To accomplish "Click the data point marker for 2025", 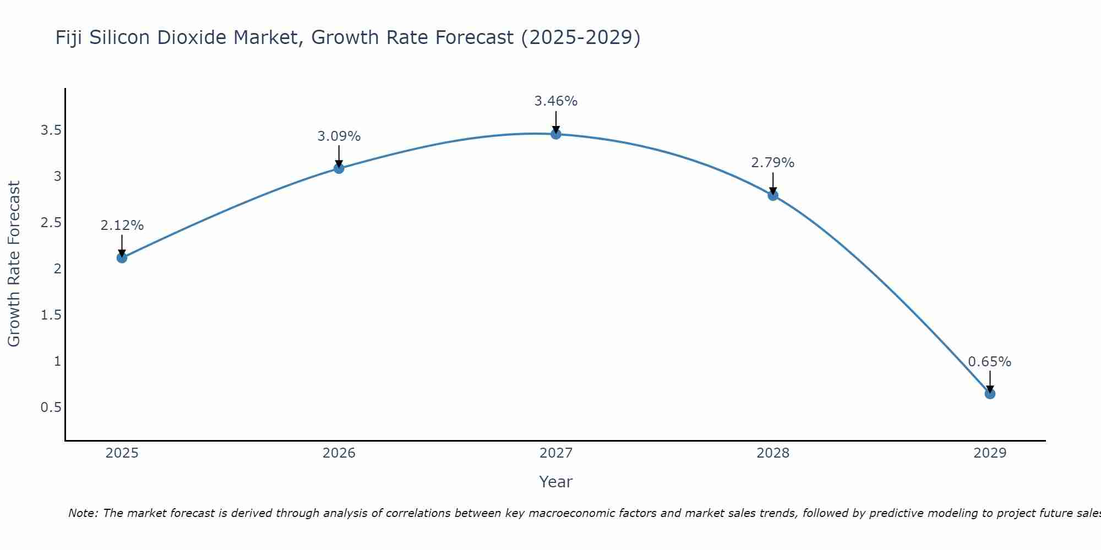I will point(122,257).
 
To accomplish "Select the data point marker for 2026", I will point(339,168).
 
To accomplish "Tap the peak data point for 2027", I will point(556,134).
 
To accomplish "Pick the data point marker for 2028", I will point(773,195).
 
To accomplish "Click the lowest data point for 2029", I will point(990,394).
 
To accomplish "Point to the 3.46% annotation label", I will point(556,101).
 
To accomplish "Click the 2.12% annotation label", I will point(122,226).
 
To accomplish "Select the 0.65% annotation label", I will point(990,362).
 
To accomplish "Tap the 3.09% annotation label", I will point(339,136).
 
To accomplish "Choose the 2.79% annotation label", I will point(773,163).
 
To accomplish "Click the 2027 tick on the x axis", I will point(556,453).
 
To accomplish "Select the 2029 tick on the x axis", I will point(990,453).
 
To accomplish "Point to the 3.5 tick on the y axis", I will point(51,130).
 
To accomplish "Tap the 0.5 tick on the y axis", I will point(51,408).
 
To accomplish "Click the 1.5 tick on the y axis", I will point(51,315).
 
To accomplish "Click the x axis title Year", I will point(556,482).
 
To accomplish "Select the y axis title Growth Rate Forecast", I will point(14,264).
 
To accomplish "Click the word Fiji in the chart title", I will point(69,38).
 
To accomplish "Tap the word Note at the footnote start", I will point(83,513).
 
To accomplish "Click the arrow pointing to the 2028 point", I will point(773,183).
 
